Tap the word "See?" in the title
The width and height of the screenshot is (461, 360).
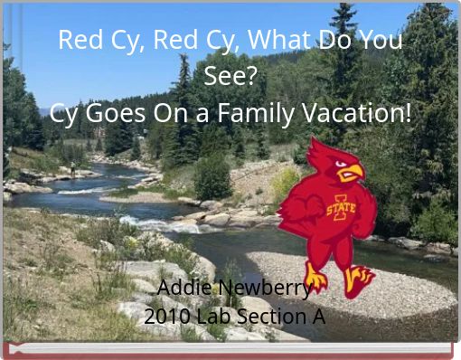(230, 77)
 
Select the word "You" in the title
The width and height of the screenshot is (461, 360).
(381, 41)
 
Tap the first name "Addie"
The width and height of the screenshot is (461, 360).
(186, 289)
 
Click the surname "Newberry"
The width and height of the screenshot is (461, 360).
(268, 289)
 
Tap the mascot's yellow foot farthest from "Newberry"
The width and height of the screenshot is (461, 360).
(360, 282)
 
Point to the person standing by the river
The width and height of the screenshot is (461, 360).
(72, 168)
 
